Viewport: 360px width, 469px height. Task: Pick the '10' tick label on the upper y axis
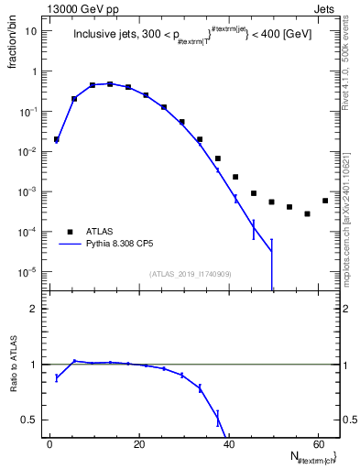click(x=31, y=31)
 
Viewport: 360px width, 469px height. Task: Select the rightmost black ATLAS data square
click(x=325, y=201)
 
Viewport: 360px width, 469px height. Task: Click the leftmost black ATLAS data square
click(x=57, y=139)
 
